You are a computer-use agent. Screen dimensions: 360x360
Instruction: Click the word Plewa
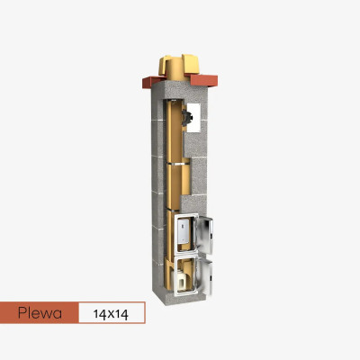click(40, 313)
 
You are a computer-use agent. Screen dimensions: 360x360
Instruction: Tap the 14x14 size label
click(111, 314)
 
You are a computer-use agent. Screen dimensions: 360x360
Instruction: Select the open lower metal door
click(207, 278)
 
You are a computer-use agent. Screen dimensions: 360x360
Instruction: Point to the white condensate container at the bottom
click(181, 280)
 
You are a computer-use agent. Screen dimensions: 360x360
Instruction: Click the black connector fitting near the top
click(186, 117)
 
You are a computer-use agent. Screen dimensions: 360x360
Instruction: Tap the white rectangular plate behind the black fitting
click(193, 117)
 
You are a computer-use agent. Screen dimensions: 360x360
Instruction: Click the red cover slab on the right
click(202, 79)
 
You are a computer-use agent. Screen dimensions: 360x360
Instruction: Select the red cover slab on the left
click(153, 82)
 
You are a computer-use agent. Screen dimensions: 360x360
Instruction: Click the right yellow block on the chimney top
click(191, 64)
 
